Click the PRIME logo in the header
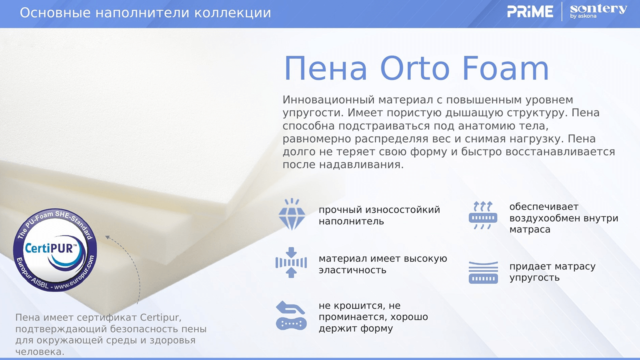(530, 12)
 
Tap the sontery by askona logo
(598, 12)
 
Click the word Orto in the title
(415, 68)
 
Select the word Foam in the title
(506, 68)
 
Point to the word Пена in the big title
(326, 68)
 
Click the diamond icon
(292, 214)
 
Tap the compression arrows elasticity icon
(291, 262)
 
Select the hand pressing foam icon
(291, 316)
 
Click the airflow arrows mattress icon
(483, 215)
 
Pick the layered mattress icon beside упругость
(483, 272)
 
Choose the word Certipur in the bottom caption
(160, 318)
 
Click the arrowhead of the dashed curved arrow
(107, 237)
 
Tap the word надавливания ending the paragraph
(361, 165)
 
